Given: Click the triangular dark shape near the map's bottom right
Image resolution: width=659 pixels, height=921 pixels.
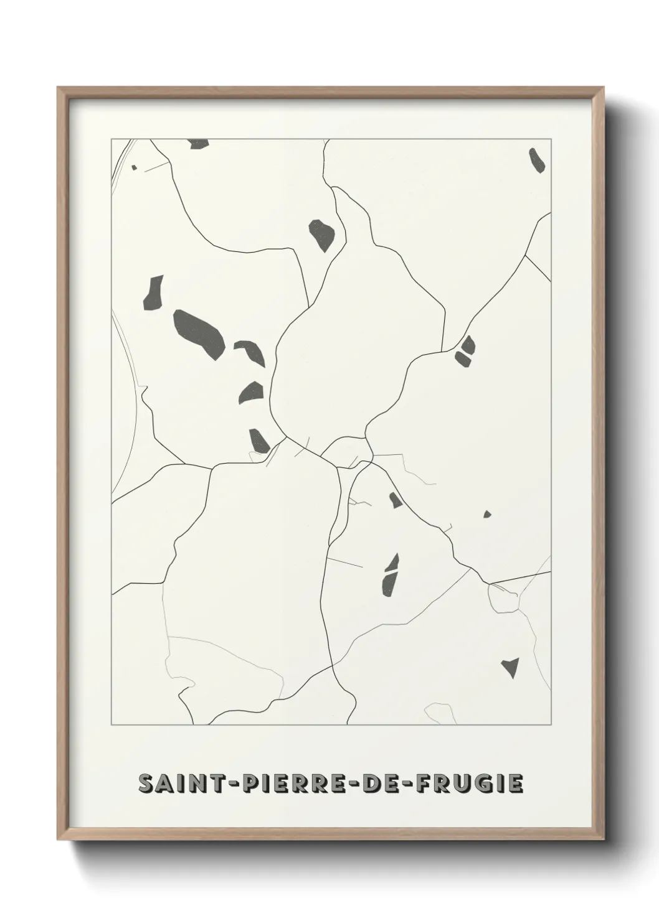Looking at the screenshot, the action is (511, 666).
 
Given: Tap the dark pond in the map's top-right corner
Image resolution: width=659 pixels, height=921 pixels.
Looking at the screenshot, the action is (536, 160).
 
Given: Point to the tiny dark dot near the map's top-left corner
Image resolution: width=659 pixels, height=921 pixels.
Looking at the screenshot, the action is (134, 167).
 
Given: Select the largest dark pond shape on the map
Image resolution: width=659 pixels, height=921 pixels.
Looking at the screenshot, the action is (199, 334).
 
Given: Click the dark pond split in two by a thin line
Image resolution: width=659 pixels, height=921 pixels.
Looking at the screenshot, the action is (465, 350).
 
